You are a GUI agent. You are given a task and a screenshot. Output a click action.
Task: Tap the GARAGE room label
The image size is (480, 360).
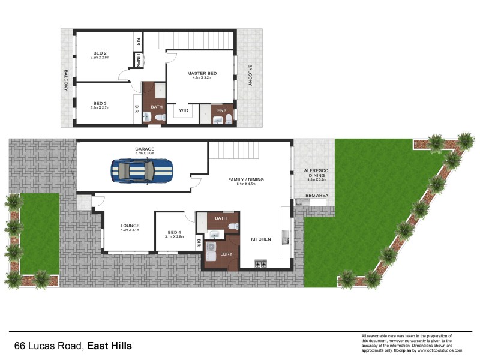145,149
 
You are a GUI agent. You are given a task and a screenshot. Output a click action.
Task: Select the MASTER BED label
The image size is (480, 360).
202,73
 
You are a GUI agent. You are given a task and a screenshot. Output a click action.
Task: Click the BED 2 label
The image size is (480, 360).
100,52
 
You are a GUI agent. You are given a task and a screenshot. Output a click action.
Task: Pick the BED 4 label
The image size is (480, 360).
173,232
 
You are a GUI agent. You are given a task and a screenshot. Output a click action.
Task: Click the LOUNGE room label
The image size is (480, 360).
130,226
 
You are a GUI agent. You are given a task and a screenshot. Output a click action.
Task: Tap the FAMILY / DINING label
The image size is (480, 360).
246,179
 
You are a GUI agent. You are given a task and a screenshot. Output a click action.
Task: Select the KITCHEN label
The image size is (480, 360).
261,239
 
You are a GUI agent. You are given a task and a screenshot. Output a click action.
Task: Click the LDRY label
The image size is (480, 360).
226,254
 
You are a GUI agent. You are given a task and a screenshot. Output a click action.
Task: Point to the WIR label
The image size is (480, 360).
184,110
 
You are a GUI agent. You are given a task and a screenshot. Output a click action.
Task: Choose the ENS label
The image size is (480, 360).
221,110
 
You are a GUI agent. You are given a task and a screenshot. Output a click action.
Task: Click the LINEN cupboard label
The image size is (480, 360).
139,60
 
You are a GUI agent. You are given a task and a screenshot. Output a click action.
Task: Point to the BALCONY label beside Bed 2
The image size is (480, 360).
66,80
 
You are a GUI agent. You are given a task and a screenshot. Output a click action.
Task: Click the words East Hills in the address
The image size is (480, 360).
110,346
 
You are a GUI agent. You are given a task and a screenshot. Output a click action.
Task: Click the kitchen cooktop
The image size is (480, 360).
261,264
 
